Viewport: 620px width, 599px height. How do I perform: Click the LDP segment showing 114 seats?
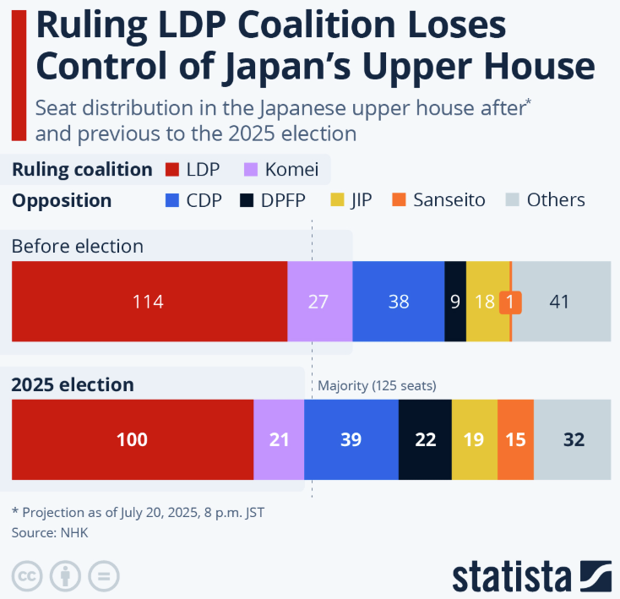149,302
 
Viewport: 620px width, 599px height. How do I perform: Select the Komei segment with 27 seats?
319,302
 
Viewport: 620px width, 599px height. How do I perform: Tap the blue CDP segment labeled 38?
398,302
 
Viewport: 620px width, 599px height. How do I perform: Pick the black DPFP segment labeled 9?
455,302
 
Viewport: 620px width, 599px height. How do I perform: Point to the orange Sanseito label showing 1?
510,302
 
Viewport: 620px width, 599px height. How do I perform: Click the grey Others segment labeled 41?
561,302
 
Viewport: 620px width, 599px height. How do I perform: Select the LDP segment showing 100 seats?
132,439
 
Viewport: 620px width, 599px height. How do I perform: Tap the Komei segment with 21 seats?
279,439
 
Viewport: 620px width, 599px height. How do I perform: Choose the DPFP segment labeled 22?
425,439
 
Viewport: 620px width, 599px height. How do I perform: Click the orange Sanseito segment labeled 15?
515,439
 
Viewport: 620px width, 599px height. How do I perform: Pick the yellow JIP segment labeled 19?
475,439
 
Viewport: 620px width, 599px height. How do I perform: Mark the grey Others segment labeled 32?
573,439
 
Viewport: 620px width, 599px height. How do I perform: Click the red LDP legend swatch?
172,170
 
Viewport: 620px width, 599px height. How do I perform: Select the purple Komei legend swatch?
251,170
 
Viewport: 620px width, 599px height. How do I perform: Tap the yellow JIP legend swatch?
337,201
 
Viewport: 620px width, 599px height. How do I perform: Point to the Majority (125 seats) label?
377,386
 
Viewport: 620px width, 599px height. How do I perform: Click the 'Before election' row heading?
77,247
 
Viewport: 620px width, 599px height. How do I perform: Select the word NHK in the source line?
73,532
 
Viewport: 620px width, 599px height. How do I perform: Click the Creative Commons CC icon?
27,576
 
